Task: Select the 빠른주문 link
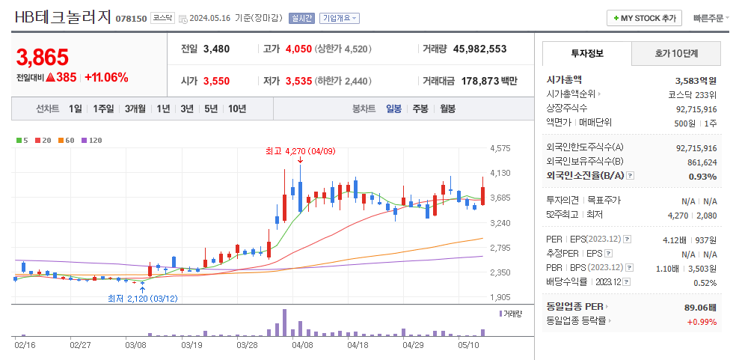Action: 708,18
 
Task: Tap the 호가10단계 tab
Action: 676,54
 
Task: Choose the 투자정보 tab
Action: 587,54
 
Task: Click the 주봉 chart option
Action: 420,109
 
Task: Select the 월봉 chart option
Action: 447,109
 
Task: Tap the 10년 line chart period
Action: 237,109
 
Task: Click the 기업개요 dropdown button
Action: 339,18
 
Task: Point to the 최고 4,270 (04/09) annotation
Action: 300,150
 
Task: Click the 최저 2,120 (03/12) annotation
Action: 143,298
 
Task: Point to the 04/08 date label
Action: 302,345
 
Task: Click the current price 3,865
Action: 42,57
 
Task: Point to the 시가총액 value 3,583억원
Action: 696,80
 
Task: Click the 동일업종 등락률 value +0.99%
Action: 702,322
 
